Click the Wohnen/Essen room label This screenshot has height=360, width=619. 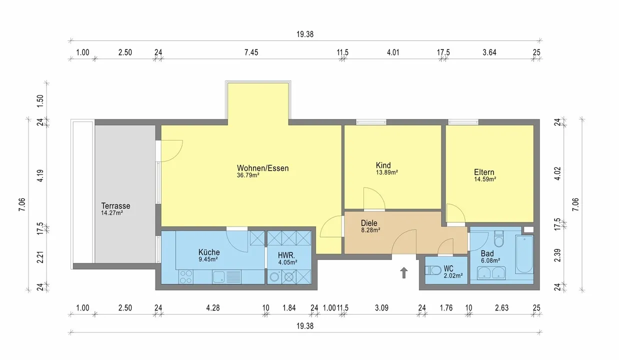(x=263, y=168)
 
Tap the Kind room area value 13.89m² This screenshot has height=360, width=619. (x=387, y=172)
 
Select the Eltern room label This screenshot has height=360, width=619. (x=484, y=172)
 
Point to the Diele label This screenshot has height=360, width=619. (x=369, y=223)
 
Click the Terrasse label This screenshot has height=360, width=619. (x=115, y=206)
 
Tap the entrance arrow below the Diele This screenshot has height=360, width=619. (x=404, y=272)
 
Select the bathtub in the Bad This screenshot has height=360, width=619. (x=524, y=254)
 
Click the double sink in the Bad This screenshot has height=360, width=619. (x=491, y=273)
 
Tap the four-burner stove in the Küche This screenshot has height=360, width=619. (x=185, y=276)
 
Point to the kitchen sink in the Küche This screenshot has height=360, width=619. (x=226, y=277)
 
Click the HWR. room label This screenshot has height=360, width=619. (x=286, y=255)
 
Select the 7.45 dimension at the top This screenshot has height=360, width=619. (x=251, y=52)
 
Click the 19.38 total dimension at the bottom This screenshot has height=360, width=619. (x=305, y=326)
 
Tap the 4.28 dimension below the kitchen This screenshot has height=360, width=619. (x=213, y=308)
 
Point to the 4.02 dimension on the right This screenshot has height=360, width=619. (x=558, y=173)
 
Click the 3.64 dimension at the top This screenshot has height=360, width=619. (x=489, y=52)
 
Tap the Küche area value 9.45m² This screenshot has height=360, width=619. (x=208, y=259)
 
